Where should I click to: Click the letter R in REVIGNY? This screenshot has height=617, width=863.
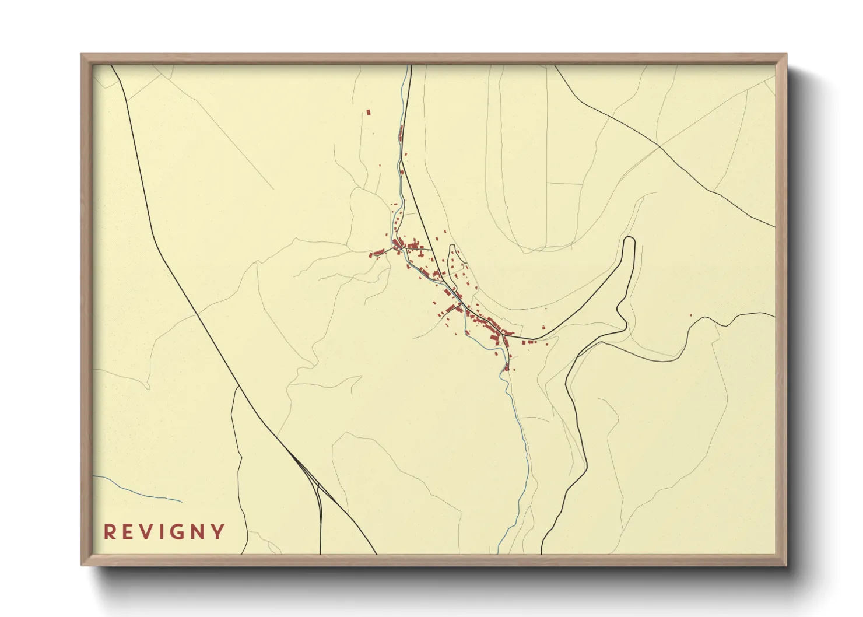[x=109, y=532]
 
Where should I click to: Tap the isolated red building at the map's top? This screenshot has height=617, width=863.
[x=369, y=112]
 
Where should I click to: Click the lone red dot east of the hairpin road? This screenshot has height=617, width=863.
[x=691, y=315]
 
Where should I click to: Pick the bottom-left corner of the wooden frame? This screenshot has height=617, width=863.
[x=82, y=564]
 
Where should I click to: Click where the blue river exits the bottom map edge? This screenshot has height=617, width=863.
[x=499, y=552]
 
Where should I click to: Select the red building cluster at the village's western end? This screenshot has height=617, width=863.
[x=378, y=253]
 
